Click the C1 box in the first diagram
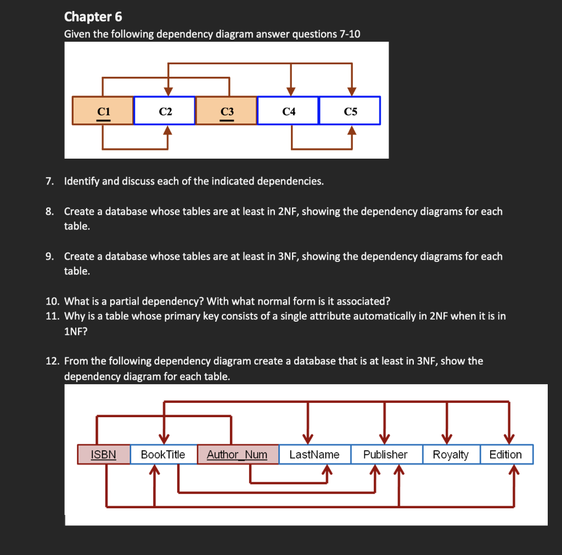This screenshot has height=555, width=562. pyautogui.click(x=103, y=111)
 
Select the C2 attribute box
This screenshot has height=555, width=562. pyautogui.click(x=165, y=111)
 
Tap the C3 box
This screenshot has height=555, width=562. pyautogui.click(x=227, y=111)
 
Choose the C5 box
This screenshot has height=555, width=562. pyautogui.click(x=350, y=111)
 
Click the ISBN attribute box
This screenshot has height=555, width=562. pyautogui.click(x=104, y=455)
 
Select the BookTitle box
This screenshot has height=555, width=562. pyautogui.click(x=163, y=455)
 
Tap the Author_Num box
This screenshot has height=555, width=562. pyautogui.click(x=237, y=455)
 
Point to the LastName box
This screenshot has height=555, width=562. pyautogui.click(x=314, y=455)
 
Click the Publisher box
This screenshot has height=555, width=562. pyautogui.click(x=385, y=455)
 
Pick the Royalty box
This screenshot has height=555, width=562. pyautogui.click(x=451, y=455)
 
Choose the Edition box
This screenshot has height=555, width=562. pyautogui.click(x=505, y=455)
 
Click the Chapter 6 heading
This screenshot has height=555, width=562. pyautogui.click(x=93, y=16)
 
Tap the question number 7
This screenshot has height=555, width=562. pyautogui.click(x=49, y=181)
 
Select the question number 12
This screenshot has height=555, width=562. pyautogui.click(x=52, y=361)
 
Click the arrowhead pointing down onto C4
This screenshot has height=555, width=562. pyautogui.click(x=291, y=91)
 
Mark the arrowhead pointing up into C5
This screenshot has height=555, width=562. pyautogui.click(x=352, y=131)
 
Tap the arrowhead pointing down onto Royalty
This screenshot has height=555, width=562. pyautogui.click(x=447, y=438)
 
